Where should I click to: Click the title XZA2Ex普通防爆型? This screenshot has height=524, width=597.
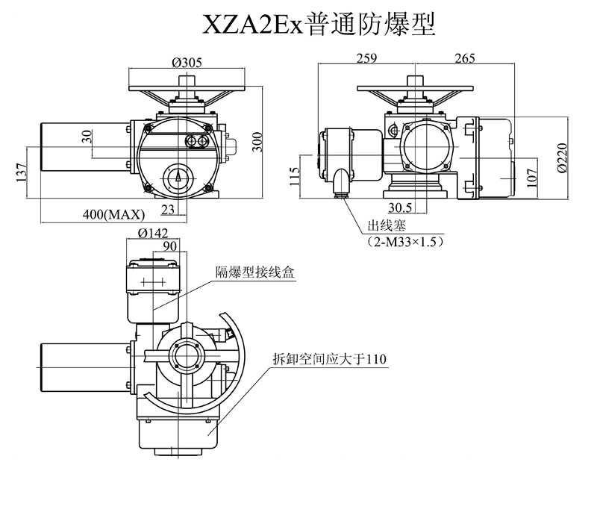tap(319, 24)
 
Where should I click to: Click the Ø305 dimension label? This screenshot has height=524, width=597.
tap(187, 62)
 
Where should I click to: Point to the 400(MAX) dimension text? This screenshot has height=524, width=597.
tap(113, 215)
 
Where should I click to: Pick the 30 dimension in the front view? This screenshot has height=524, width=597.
tap(87, 137)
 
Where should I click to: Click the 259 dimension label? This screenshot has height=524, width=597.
tap(366, 59)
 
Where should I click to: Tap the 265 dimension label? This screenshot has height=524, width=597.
tap(463, 59)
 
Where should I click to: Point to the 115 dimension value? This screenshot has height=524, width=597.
tap(295, 175)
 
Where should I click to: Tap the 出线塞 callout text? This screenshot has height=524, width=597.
tap(384, 225)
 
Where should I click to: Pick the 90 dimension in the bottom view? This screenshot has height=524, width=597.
tap(169, 246)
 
